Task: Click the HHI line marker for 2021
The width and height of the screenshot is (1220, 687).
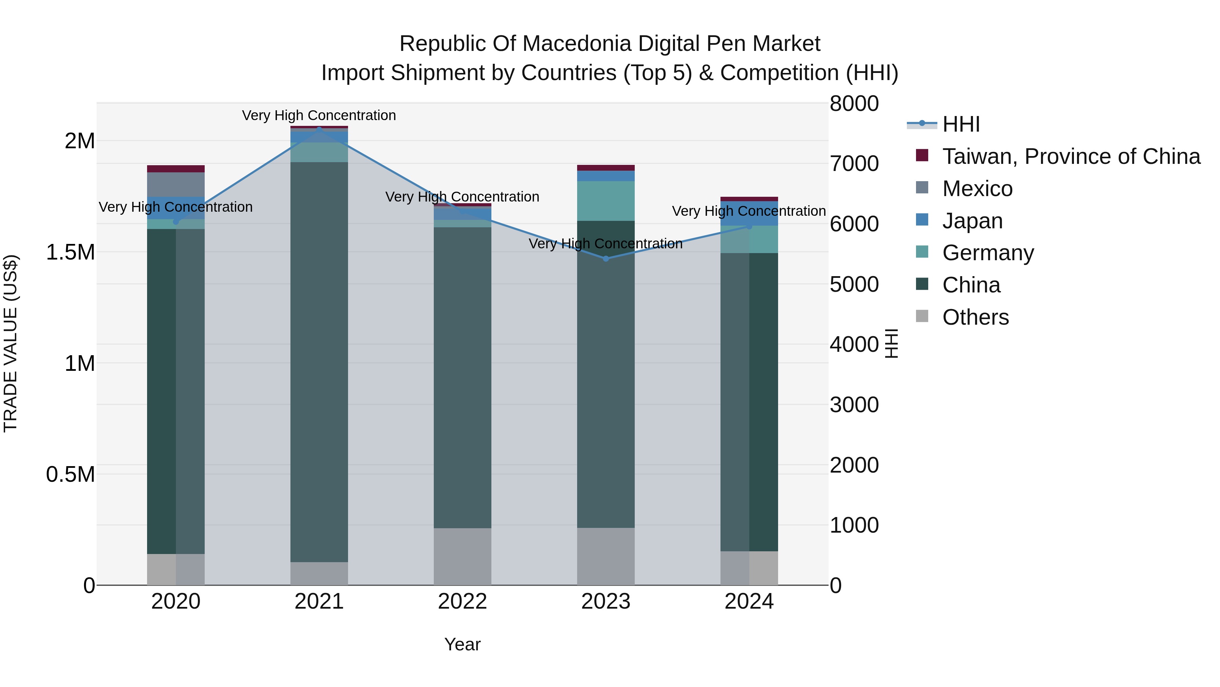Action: point(319,129)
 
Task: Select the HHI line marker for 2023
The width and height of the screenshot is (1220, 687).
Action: point(606,259)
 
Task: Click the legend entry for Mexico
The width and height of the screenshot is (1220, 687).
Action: point(977,189)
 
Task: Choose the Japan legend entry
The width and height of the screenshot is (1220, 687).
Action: point(972,221)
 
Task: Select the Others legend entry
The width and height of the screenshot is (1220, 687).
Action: point(975,317)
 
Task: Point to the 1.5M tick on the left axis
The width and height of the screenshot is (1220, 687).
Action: point(70,252)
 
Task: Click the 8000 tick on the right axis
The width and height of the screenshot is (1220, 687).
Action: point(854,104)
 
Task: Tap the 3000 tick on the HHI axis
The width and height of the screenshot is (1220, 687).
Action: point(854,405)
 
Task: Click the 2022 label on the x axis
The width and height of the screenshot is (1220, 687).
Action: point(462,602)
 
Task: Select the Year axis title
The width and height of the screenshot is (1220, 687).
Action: point(462,644)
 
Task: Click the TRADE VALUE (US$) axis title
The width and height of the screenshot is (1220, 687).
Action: point(11,343)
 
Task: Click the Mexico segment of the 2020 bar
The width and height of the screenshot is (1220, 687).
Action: point(176,185)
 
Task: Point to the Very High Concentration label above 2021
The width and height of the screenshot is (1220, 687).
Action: point(319,115)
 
